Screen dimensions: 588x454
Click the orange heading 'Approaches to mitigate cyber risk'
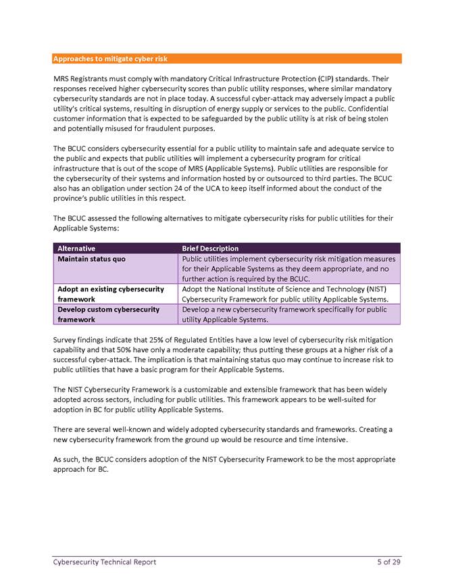(110, 59)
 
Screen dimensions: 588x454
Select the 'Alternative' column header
(76, 248)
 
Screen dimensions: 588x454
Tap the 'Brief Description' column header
(210, 248)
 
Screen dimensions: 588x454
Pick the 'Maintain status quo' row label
(91, 259)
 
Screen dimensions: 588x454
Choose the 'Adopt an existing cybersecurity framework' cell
(110, 294)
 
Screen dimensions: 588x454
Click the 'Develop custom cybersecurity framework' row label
(108, 314)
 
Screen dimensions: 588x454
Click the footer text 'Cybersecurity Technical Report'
(105, 562)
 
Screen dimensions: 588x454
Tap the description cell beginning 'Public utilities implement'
(288, 268)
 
